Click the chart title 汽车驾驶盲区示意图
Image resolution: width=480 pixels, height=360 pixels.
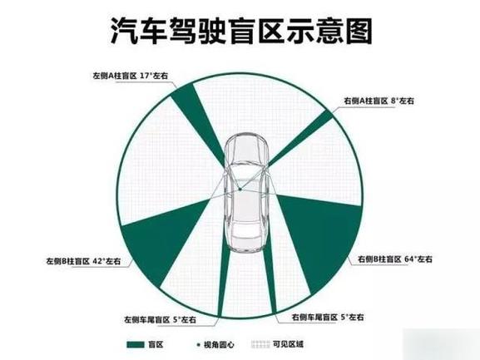241,32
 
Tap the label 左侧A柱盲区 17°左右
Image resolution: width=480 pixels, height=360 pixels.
131,76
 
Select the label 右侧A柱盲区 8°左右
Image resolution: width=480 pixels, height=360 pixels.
379,101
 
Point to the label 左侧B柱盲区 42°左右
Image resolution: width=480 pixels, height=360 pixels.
83,262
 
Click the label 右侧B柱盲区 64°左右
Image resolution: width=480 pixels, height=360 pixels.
395,259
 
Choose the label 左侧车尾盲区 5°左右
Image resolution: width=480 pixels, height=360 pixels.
160,320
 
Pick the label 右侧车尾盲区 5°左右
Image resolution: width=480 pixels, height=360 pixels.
328,318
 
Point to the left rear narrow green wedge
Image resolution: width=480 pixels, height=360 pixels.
224,275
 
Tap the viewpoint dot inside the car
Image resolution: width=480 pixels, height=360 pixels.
240,190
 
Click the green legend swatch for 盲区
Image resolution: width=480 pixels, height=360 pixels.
136,345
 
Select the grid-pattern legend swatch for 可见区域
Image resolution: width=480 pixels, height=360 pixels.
260,345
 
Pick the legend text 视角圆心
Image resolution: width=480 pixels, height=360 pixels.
219,345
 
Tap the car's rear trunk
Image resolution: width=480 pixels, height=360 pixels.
246,242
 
